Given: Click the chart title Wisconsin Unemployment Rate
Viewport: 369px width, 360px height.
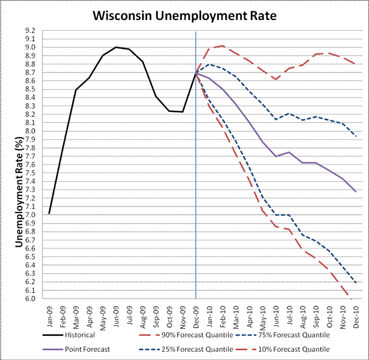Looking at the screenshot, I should coord(185,15).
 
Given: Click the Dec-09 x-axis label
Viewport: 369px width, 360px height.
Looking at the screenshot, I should coord(196,313).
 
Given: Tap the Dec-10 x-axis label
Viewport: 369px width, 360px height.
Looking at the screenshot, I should coord(356,313).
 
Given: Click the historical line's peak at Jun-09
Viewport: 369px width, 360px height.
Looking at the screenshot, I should coord(116,47).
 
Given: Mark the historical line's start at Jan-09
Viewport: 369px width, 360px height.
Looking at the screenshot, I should coord(50,214).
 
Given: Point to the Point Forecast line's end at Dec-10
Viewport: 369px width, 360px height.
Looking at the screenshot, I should coord(355,191).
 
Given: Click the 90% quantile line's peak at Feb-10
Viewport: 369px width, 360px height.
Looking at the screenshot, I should coord(223,45).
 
